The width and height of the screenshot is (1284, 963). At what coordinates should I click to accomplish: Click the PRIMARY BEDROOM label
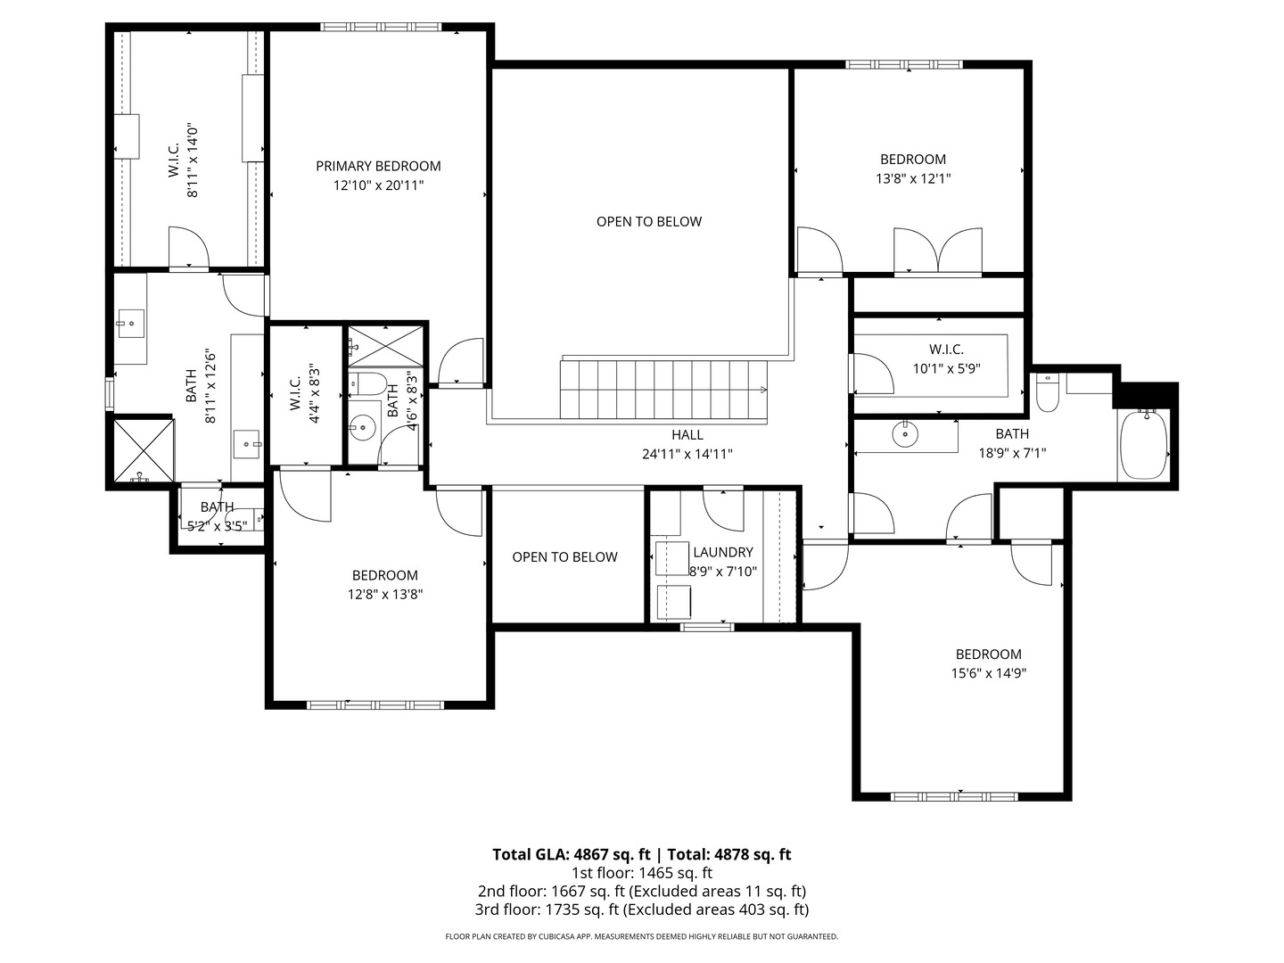pyautogui.click(x=378, y=166)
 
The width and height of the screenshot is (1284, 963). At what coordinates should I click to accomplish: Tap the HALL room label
pyautogui.click(x=687, y=434)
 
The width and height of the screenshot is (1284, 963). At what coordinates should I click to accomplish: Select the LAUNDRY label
pyautogui.click(x=723, y=552)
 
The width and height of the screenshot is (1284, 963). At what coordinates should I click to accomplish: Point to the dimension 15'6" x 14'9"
pyautogui.click(x=989, y=673)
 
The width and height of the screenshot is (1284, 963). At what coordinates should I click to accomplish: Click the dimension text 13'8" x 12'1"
pyautogui.click(x=913, y=178)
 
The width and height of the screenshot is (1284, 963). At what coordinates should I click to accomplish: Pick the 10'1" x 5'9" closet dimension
pyautogui.click(x=946, y=368)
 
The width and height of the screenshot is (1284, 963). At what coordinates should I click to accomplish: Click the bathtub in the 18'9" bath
pyautogui.click(x=1143, y=444)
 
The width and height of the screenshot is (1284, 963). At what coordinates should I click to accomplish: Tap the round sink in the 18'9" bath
pyautogui.click(x=905, y=434)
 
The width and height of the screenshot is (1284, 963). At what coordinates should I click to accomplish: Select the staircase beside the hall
pyautogui.click(x=663, y=390)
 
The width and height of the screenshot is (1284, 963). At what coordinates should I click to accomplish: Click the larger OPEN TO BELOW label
pyautogui.click(x=649, y=222)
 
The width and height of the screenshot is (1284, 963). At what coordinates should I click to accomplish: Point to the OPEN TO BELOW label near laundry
pyautogui.click(x=564, y=557)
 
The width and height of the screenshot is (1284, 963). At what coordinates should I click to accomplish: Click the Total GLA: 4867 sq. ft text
pyautogui.click(x=571, y=854)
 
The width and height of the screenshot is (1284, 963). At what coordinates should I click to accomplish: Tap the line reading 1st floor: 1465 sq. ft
pyautogui.click(x=642, y=873)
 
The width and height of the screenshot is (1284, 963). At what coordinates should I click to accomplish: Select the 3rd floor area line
pyautogui.click(x=642, y=909)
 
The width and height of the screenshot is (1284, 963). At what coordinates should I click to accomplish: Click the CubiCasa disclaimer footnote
pyautogui.click(x=642, y=936)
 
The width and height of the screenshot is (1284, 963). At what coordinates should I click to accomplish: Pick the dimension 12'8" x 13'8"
pyautogui.click(x=385, y=594)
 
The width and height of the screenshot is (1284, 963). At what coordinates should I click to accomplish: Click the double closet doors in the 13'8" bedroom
pyautogui.click(x=938, y=251)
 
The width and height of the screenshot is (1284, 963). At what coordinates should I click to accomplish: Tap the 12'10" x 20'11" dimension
pyautogui.click(x=378, y=185)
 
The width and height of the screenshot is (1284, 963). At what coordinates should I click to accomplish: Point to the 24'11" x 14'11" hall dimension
pyautogui.click(x=687, y=454)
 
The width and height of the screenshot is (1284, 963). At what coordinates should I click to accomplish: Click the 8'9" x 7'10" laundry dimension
pyautogui.click(x=723, y=572)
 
